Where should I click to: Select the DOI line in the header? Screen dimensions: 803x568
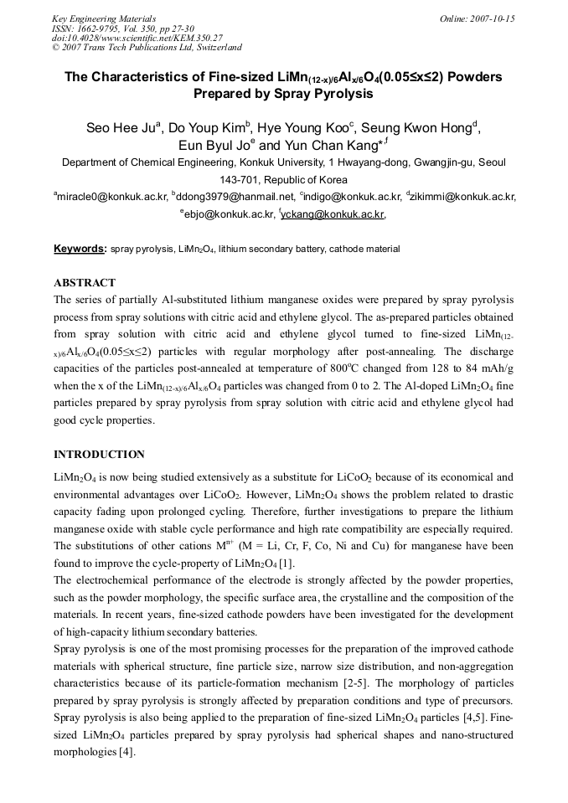[x=137, y=38]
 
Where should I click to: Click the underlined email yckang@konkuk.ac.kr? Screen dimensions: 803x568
[x=333, y=214]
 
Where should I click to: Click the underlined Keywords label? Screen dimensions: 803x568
[x=79, y=249]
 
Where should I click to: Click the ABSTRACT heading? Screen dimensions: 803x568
[x=84, y=283]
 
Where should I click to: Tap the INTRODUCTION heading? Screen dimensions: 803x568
[x=99, y=455]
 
